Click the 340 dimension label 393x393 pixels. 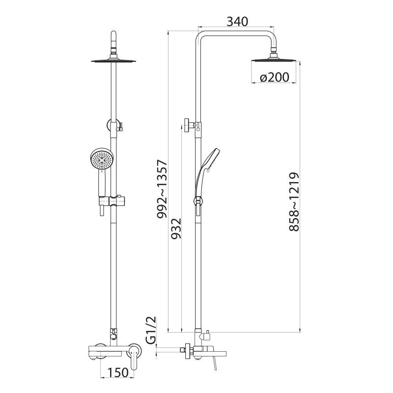pyautogui.click(x=237, y=22)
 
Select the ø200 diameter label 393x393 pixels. pyautogui.click(x=275, y=77)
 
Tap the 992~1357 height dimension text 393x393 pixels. pyautogui.click(x=162, y=189)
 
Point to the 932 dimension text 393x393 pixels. pyautogui.click(x=176, y=228)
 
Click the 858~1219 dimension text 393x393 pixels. pyautogui.click(x=294, y=201)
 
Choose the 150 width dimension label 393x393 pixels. pyautogui.click(x=118, y=372)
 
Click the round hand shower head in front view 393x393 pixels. pyautogui.click(x=102, y=159)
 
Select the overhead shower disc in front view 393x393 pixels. pyautogui.click(x=113, y=60)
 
